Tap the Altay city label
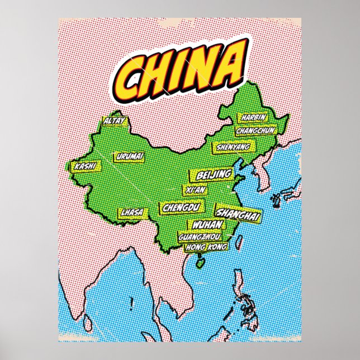point(115,121)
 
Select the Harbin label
point(253,118)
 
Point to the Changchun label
point(256,130)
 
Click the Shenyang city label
point(231,147)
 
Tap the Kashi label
point(85,166)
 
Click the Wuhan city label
point(207,225)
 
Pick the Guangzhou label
point(200,236)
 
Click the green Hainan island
point(200,258)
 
